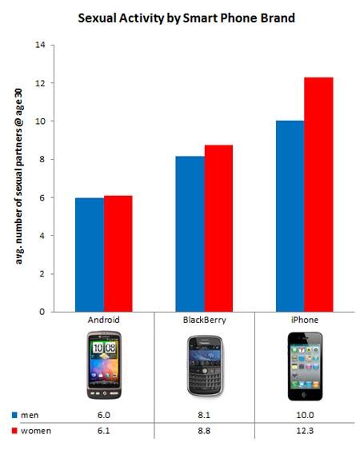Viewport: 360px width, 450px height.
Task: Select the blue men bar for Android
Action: point(89,254)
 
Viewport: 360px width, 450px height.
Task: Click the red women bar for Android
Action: point(118,253)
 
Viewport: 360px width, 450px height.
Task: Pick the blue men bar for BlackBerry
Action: point(190,233)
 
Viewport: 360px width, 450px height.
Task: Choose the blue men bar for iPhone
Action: point(290,216)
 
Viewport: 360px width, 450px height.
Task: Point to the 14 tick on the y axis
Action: point(40,45)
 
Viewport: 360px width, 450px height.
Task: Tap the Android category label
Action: point(103,320)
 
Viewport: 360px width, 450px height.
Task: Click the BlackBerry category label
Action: point(203,320)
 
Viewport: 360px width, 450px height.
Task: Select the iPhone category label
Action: point(304,320)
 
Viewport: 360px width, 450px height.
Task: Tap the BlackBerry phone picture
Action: point(203,366)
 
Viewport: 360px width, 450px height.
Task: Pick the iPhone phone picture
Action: point(304,365)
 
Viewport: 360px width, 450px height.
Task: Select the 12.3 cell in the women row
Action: point(304,432)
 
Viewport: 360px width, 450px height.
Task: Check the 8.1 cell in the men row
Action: point(203,416)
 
